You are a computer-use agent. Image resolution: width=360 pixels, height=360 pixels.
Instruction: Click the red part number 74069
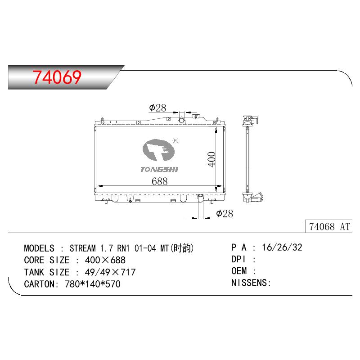coord(57,77)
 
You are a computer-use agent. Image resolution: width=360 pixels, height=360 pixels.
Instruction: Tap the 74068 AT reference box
coord(329,226)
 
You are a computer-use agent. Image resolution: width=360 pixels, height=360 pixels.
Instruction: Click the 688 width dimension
coord(160,181)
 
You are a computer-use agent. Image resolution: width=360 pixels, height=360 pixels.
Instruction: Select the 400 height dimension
coord(211,159)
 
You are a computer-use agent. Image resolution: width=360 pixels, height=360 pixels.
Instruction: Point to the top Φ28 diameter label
coord(157,108)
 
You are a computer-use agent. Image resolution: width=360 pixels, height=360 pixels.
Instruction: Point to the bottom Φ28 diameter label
coord(225,214)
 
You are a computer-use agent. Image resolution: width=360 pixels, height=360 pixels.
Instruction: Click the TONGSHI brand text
coord(159,170)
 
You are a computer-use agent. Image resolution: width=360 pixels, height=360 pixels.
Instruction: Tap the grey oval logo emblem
coord(158,150)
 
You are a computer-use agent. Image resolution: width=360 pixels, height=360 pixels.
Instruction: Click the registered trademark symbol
coord(175,140)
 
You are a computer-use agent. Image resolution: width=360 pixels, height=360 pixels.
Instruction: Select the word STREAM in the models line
coord(83,248)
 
